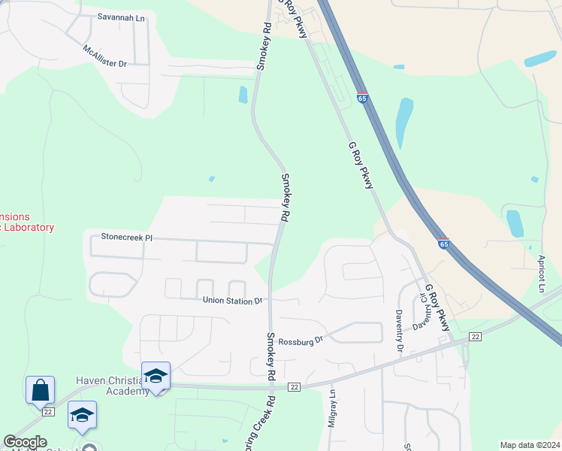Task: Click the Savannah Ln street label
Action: click(x=120, y=16)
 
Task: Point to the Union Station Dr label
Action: click(x=233, y=301)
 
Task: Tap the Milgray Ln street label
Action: click(x=331, y=411)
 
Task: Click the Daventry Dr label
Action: click(x=400, y=331)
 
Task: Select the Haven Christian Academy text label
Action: click(x=113, y=386)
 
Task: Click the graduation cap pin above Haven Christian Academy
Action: click(x=156, y=376)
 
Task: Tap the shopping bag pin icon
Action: click(x=40, y=390)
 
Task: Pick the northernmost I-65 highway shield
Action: click(x=362, y=98)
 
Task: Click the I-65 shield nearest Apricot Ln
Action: click(x=443, y=244)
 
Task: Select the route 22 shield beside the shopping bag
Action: click(x=49, y=412)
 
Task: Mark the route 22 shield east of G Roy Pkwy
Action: click(x=475, y=336)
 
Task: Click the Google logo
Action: click(x=25, y=442)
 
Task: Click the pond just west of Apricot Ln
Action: click(x=515, y=223)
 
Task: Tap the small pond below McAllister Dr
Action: click(x=243, y=95)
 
